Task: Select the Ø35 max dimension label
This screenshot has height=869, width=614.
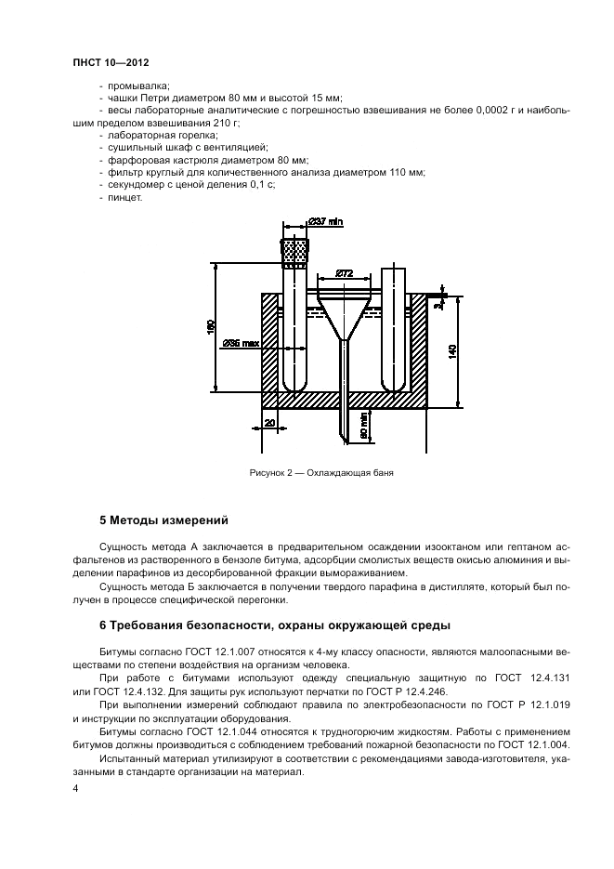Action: click(x=241, y=343)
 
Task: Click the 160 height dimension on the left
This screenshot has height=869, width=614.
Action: click(x=211, y=328)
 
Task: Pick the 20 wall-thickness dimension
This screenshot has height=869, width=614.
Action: click(x=269, y=424)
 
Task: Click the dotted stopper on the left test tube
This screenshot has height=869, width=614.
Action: click(x=295, y=252)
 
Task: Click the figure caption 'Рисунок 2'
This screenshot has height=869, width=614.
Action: click(x=321, y=472)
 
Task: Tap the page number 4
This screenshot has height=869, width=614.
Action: click(x=75, y=788)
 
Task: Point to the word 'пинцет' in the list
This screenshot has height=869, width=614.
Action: click(x=124, y=197)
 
